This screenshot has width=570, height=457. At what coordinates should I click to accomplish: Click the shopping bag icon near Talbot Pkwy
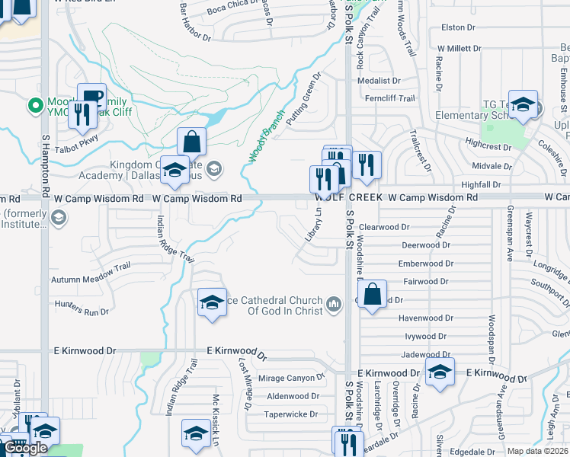tap(191, 142)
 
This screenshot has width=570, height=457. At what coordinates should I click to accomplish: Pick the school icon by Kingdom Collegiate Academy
tap(175, 170)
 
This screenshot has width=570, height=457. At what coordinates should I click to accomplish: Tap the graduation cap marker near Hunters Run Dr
tap(212, 302)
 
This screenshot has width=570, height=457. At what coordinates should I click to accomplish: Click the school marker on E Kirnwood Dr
tap(440, 372)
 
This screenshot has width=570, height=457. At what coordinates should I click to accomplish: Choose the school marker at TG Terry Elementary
tap(523, 105)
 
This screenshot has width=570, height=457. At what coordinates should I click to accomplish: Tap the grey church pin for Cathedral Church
tap(333, 306)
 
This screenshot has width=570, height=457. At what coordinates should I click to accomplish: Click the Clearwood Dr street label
tap(385, 227)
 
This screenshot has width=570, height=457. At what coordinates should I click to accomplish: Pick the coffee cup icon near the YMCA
tap(91, 97)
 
